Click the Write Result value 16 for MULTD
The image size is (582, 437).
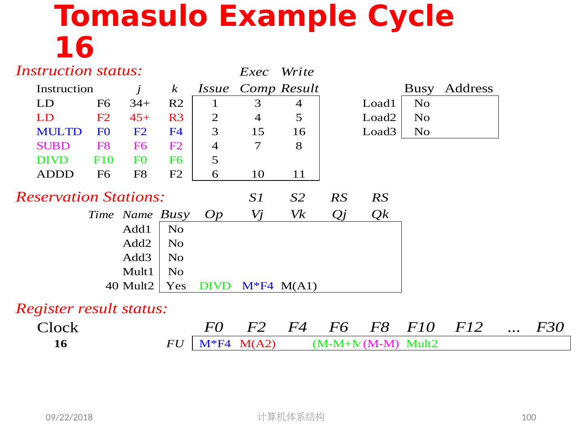tap(299, 132)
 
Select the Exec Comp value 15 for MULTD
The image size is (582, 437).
tap(258, 132)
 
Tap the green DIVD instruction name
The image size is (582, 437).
tap(52, 160)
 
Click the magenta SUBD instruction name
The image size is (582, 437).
tap(53, 146)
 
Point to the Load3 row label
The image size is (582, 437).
tap(379, 132)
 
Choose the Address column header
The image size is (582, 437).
tap(469, 89)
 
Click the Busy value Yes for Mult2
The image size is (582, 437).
tap(176, 286)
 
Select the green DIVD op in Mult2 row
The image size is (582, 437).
tap(215, 286)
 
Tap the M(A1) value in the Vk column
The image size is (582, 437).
tap(299, 286)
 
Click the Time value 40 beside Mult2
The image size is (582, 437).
tap(112, 286)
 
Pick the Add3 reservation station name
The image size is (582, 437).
tap(137, 258)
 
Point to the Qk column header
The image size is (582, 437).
tap(380, 214)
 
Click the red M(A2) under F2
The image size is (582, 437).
tap(257, 344)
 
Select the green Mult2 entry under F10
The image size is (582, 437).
tap(422, 344)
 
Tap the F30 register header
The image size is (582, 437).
tap(550, 327)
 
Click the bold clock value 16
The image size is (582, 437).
tap(60, 344)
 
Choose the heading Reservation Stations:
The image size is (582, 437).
tap(90, 197)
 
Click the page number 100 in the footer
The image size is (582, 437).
tap(529, 418)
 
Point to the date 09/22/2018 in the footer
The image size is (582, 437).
tap(69, 418)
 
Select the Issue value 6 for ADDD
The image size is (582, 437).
tap(215, 174)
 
